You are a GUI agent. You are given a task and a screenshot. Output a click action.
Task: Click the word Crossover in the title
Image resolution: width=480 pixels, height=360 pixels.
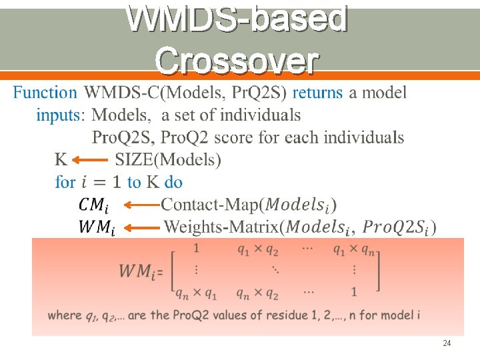[237, 62]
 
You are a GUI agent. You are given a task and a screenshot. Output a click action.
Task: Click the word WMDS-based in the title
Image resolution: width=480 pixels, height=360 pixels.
[237, 19]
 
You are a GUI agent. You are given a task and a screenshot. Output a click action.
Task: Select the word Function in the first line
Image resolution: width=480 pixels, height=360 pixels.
[45, 93]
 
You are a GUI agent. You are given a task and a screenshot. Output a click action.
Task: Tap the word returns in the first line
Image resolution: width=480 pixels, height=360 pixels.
[317, 93]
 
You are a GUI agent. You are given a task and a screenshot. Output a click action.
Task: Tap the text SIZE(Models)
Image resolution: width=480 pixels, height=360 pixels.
[168, 160]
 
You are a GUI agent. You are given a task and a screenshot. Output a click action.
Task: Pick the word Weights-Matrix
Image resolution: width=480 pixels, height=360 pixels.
[222, 227]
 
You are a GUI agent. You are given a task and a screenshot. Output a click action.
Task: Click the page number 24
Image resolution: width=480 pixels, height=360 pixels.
[446, 343]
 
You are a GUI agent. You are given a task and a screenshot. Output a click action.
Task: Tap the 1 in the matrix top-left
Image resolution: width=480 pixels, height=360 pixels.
[196, 249]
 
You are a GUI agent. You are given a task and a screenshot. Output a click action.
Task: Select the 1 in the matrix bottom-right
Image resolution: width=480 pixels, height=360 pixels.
[354, 293]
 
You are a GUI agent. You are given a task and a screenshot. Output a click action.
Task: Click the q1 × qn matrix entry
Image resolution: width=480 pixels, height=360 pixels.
[353, 250]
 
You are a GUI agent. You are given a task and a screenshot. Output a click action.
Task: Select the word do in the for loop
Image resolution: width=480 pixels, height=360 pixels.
[173, 182]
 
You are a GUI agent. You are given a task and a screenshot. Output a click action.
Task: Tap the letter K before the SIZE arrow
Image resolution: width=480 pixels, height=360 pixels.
[61, 160]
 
